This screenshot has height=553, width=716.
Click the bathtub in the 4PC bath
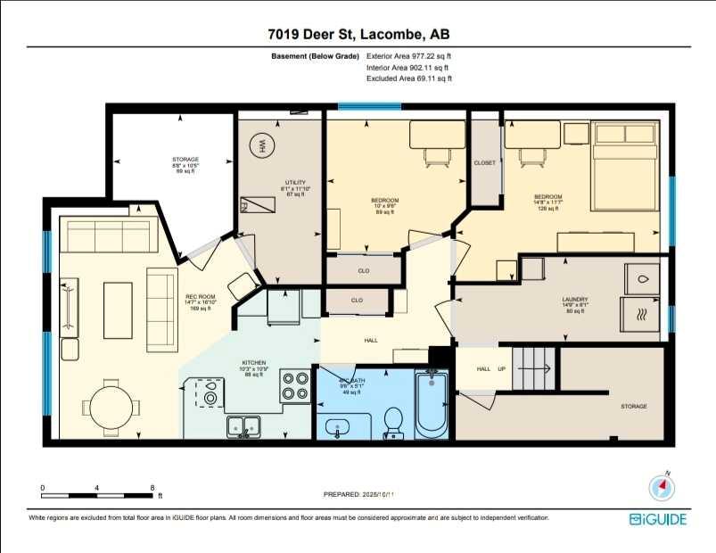[x=433, y=405]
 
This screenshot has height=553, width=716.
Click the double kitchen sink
[x=243, y=426]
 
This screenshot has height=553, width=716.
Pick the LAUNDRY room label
[x=573, y=301]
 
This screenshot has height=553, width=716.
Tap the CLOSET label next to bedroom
[x=485, y=162]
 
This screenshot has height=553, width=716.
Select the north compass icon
[x=661, y=485]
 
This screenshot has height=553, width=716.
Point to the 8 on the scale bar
[x=153, y=488]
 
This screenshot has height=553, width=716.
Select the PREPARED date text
[x=358, y=493]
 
